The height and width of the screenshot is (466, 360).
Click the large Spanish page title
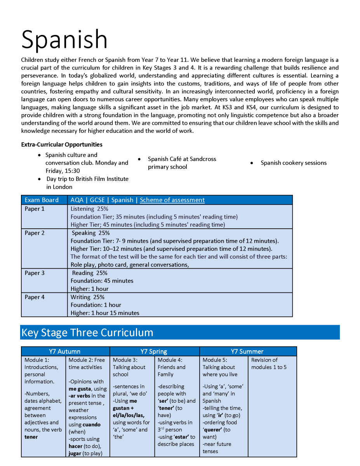pyautogui.click(x=64, y=39)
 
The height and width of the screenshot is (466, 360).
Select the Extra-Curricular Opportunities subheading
pyautogui.click(x=62, y=144)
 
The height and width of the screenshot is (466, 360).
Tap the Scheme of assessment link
pyautogui.click(x=172, y=200)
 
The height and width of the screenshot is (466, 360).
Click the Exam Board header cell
pyautogui.click(x=42, y=200)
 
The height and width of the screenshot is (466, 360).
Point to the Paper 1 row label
pyautogui.click(x=35, y=209)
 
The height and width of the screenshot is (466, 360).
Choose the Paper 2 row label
pyautogui.click(x=35, y=233)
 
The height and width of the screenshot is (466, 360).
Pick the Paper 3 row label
pyautogui.click(x=35, y=273)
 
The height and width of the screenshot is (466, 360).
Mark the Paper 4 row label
pyautogui.click(x=35, y=297)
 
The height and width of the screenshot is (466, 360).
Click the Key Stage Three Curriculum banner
pyautogui.click(x=87, y=333)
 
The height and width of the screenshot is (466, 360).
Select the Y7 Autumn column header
pyautogui.click(x=65, y=351)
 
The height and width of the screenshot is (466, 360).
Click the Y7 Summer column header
pyautogui.click(x=247, y=351)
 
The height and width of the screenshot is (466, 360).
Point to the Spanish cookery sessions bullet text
pyautogui.click(x=294, y=163)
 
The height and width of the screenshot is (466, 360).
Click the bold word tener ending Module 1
pyautogui.click(x=31, y=437)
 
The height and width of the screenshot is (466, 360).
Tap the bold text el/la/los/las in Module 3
pyautogui.click(x=129, y=415)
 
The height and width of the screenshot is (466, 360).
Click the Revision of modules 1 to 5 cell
pyautogui.click(x=269, y=363)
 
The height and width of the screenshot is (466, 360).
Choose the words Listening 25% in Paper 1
pyautogui.click(x=89, y=209)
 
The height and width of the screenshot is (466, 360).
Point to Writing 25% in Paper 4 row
pyautogui.click(x=87, y=297)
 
